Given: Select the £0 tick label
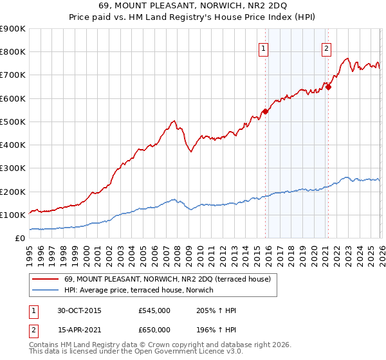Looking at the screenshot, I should [x=19, y=239].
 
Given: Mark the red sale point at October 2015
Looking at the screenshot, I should [x=265, y=111].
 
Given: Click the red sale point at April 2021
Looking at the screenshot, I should [x=327, y=87].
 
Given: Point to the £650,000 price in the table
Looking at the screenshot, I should [x=154, y=329].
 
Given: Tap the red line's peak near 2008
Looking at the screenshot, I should [x=174, y=120].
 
